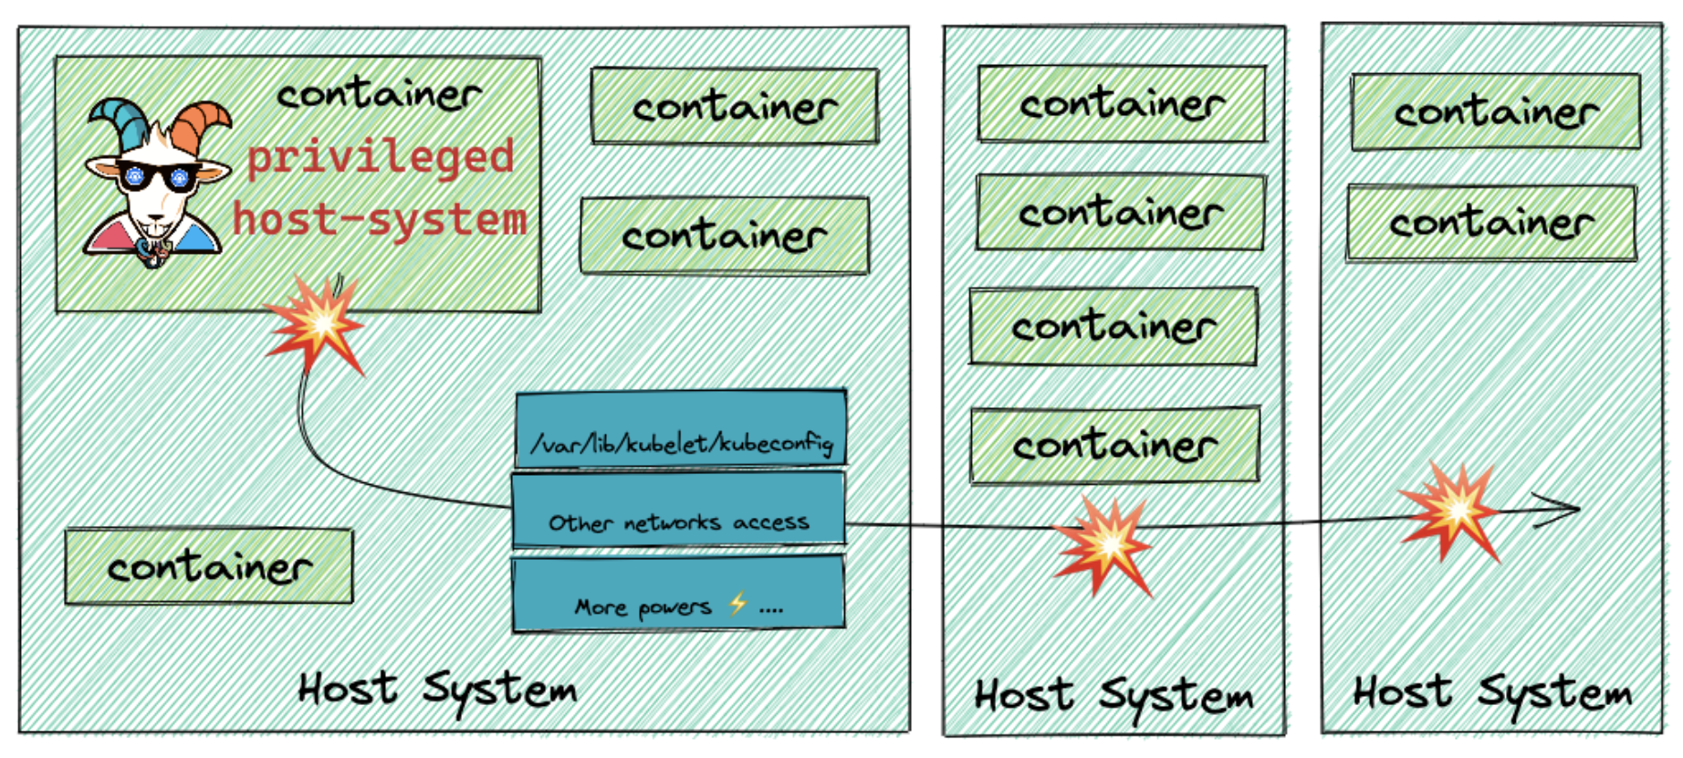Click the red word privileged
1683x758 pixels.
(381, 157)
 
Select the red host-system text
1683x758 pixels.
(380, 220)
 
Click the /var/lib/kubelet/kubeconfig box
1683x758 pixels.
(681, 430)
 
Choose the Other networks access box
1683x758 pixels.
(678, 511)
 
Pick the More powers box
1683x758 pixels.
(678, 595)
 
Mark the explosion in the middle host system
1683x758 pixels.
(1103, 544)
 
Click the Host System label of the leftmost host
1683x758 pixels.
(437, 689)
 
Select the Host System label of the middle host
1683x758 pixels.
(1113, 696)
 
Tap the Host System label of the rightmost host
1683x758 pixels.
(1491, 692)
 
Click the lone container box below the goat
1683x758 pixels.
(209, 566)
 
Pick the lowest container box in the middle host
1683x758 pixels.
(1114, 445)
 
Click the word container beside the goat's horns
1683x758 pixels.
(379, 94)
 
